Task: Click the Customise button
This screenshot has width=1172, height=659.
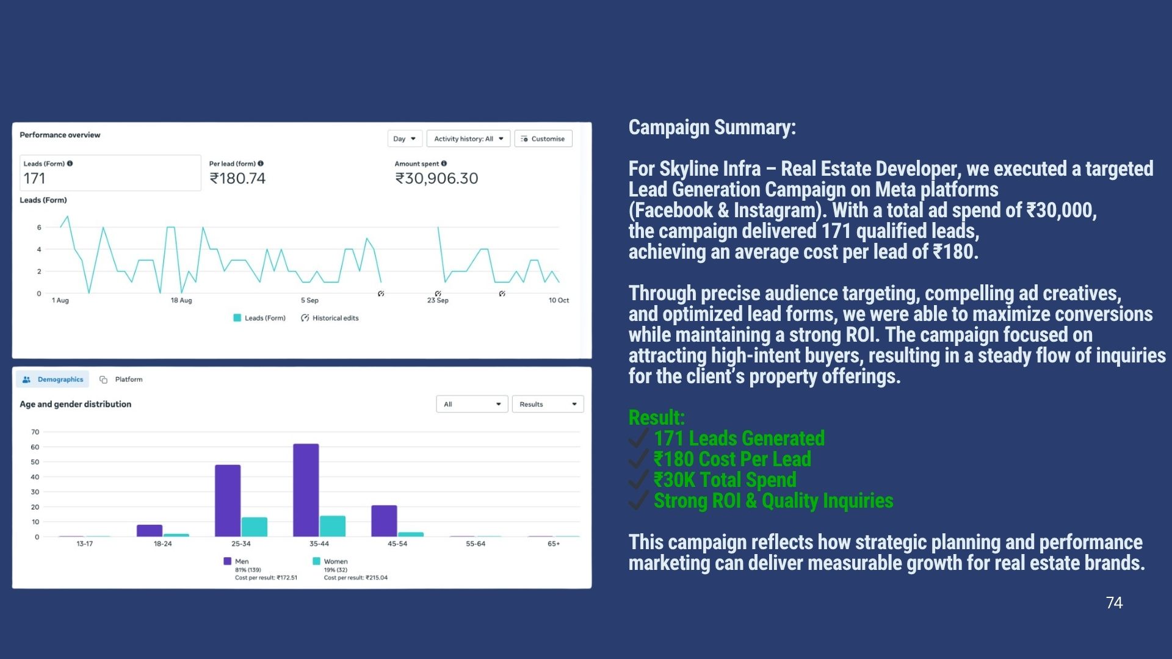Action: (543, 139)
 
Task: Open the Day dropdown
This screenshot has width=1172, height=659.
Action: (405, 139)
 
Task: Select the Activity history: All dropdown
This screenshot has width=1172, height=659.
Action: (468, 139)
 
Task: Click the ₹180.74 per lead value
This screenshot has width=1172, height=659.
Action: (237, 179)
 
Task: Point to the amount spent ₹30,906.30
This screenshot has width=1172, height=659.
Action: (436, 179)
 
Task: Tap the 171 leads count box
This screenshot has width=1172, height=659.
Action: (110, 173)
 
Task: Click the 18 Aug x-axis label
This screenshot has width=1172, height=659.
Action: (181, 300)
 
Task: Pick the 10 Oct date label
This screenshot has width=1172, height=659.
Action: (558, 300)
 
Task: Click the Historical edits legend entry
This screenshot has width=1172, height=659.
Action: (330, 318)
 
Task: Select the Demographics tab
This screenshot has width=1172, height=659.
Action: (53, 380)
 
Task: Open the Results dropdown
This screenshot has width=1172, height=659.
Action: (548, 405)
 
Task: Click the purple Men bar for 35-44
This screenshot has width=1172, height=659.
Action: (306, 490)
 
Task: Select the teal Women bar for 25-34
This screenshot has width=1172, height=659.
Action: (255, 527)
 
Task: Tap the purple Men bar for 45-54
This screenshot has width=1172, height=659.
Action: (384, 520)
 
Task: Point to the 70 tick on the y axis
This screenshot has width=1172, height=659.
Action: (35, 432)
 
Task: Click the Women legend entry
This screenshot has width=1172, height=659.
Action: (335, 561)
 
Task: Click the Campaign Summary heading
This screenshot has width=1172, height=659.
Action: (712, 128)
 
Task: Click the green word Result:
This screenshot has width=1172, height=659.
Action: (656, 418)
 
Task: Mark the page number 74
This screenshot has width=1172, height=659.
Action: (1114, 603)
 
